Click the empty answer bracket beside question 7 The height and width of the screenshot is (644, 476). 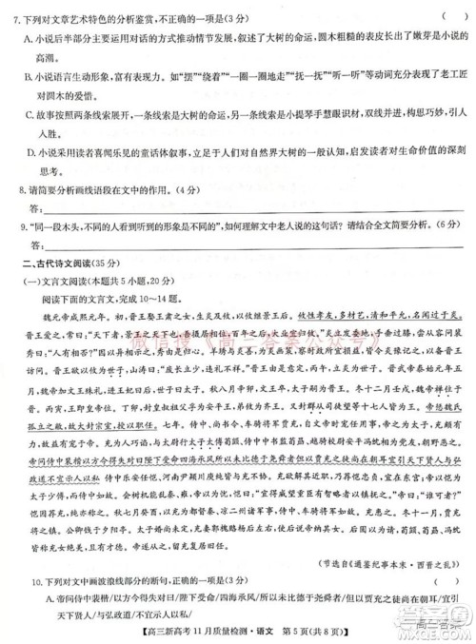point(434,11)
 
